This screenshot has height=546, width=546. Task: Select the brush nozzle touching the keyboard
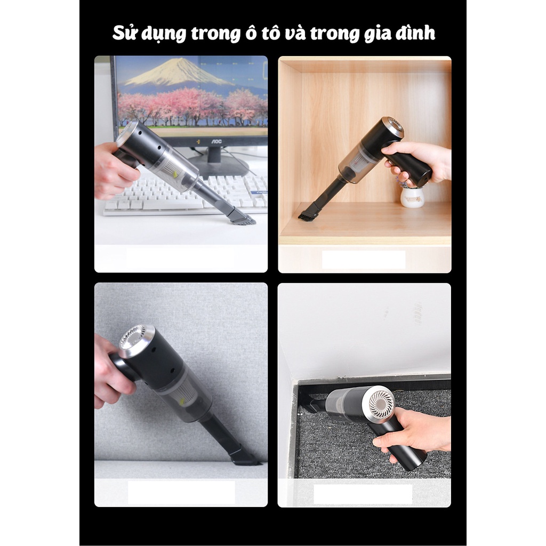240,216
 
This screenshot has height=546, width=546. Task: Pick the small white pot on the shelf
412,197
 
